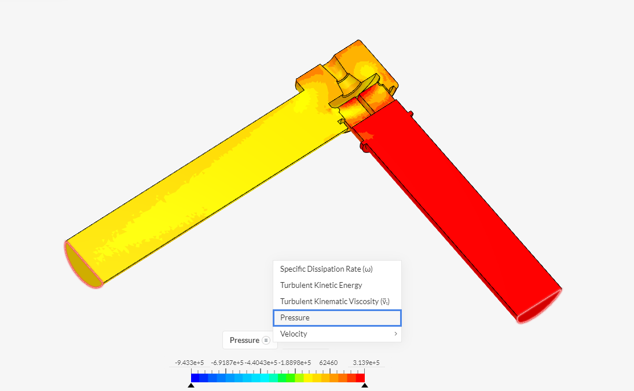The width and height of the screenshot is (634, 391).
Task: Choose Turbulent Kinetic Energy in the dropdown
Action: point(321,286)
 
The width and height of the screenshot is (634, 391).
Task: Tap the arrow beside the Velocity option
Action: point(396,334)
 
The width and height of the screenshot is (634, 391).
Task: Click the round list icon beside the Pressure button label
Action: point(266,341)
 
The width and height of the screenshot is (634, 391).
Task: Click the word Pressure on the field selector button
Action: point(244,341)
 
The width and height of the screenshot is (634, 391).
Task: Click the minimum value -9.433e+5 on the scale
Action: point(189,363)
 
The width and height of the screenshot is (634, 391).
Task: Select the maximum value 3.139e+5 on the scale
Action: point(367,363)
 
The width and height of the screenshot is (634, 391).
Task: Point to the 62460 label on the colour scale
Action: point(329,363)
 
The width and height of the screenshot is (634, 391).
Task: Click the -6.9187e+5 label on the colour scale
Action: point(226,363)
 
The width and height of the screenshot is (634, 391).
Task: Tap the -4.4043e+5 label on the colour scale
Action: point(259,363)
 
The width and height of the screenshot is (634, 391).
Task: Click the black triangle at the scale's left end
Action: point(191,385)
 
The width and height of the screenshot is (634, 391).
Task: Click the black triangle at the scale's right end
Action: point(365,385)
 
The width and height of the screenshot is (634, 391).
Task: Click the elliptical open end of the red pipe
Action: point(540,306)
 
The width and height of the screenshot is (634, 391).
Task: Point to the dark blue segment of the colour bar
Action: point(196,378)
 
